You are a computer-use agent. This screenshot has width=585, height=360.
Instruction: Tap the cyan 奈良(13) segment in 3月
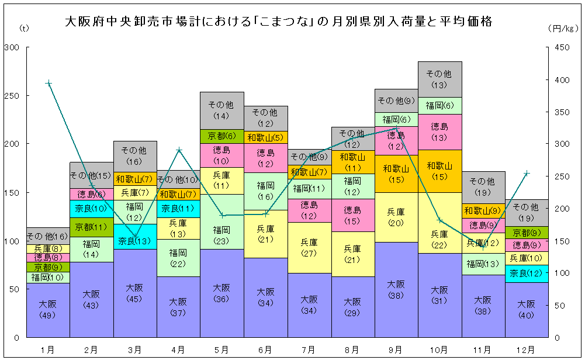(135, 241)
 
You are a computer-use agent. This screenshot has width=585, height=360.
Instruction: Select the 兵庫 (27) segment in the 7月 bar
(309, 247)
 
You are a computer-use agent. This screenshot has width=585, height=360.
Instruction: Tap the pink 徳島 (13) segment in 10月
(439, 131)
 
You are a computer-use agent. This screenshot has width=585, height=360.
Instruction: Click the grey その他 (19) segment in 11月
(483, 187)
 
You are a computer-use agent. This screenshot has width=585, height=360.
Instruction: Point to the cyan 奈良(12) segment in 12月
(527, 273)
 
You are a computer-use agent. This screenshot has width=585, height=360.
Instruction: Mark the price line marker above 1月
(49, 83)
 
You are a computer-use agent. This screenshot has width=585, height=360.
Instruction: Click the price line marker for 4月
(179, 150)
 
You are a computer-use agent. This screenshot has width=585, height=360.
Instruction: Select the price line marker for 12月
(527, 173)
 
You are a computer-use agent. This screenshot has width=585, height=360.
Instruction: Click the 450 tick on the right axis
(560, 47)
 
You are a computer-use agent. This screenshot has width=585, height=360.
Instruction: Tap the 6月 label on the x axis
(265, 349)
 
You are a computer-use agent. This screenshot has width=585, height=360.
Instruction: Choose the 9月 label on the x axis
(396, 349)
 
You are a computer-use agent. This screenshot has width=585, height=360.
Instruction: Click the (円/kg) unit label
(563, 27)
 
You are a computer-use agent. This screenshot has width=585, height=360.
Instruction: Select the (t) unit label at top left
(24, 27)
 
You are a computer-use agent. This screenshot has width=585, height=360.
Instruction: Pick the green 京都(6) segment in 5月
(222, 136)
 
